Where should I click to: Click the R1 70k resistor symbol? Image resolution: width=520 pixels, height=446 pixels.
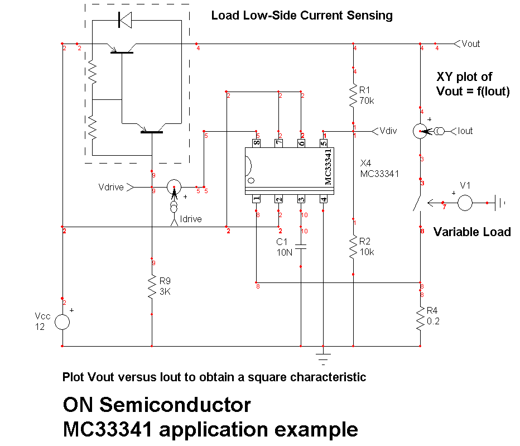pos(353,95)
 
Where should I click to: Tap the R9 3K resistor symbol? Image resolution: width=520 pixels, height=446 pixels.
pos(152,287)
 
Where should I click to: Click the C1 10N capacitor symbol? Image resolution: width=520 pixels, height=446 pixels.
pos(301,247)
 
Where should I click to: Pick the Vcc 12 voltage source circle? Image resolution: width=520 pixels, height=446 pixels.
pos(62,322)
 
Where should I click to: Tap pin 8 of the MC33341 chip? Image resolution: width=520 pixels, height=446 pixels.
pos(257,143)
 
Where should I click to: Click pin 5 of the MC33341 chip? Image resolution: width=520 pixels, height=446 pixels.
pos(324,143)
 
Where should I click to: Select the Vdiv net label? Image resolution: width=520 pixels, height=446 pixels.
pos(388,131)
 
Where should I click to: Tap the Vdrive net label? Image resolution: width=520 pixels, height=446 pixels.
pos(111,187)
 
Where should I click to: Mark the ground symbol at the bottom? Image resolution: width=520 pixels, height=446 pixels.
pos(323,354)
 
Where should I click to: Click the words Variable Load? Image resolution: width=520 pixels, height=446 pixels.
pos(472,232)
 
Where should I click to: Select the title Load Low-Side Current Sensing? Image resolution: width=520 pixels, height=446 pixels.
pos(301,16)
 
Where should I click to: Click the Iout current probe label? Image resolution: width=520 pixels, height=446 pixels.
pos(465,131)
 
